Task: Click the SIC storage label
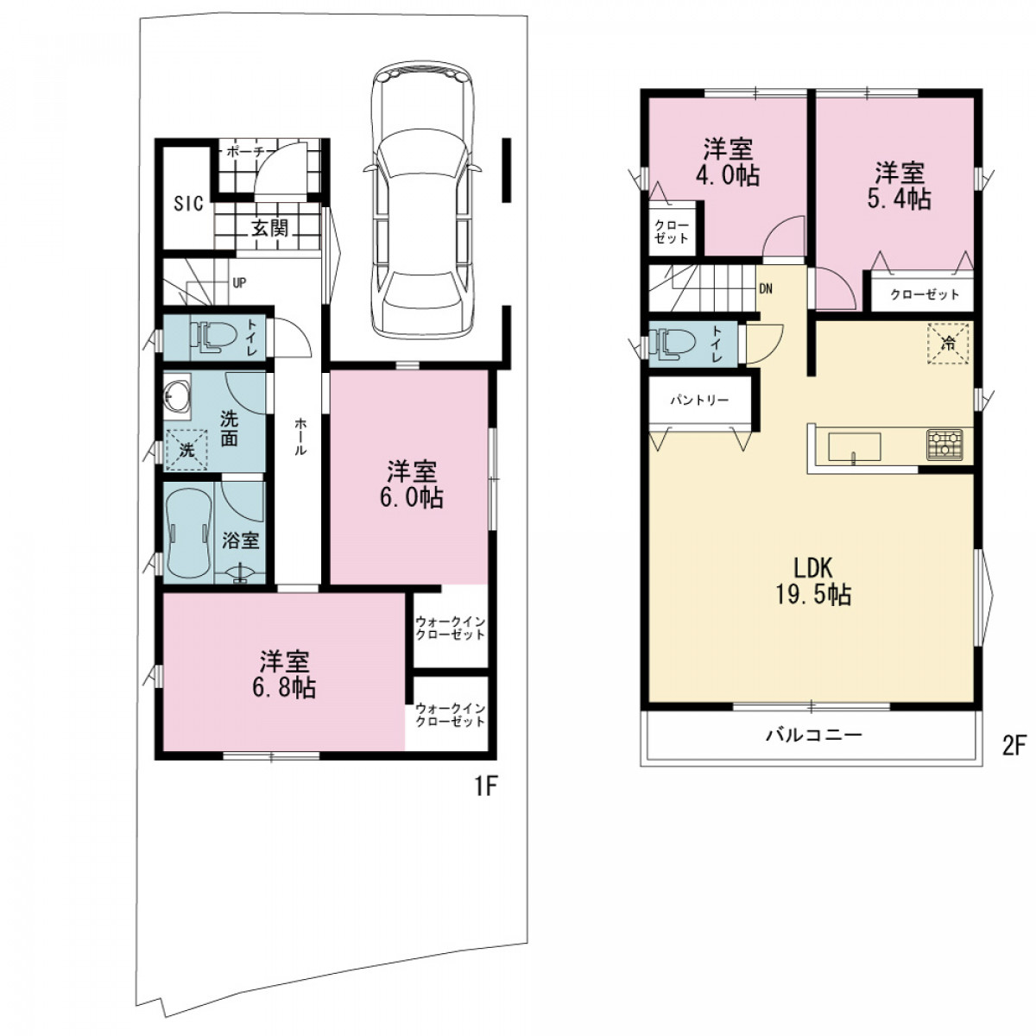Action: [x=188, y=204]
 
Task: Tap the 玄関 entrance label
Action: [x=270, y=229]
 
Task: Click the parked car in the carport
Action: [x=422, y=200]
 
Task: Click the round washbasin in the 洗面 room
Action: [x=176, y=398]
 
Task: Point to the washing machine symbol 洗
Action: [x=186, y=450]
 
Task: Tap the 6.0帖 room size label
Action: [x=411, y=498]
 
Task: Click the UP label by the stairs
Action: [x=239, y=283]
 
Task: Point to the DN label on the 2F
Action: [x=766, y=288]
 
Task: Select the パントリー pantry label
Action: [x=699, y=401]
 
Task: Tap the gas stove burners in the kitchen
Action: [x=944, y=445]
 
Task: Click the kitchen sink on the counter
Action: [x=855, y=446]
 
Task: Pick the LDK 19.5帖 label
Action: [x=812, y=581]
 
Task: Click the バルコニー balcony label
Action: [x=814, y=735]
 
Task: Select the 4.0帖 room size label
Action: [x=728, y=176]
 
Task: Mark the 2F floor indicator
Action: [x=1014, y=748]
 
